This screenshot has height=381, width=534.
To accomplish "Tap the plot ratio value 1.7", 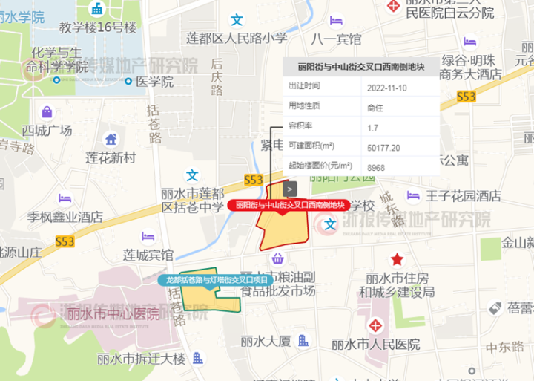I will (373, 127).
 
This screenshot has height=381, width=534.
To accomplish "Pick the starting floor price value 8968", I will (376, 168).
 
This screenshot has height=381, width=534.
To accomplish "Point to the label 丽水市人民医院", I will (376, 345).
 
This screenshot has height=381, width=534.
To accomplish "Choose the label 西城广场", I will (47, 131).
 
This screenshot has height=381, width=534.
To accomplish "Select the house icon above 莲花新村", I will (111, 139).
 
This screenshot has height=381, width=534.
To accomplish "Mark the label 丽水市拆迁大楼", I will (142, 359).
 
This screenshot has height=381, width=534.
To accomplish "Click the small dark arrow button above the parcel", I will (291, 189).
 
